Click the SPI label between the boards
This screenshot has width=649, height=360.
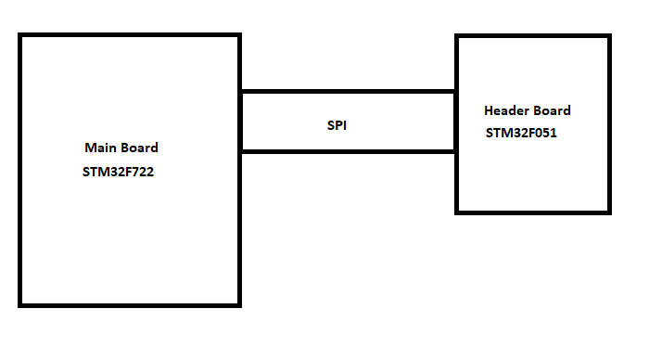[337, 124]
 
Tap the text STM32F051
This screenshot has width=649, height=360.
[522, 133]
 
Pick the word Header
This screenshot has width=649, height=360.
[505, 110]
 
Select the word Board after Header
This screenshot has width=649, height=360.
[552, 110]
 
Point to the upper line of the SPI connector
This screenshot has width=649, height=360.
[348, 92]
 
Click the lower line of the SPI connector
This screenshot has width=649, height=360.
[348, 151]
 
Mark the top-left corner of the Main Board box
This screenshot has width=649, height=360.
[20, 35]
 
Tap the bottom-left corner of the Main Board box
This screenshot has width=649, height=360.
[20, 304]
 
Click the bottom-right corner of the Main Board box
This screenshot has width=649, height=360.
[239, 304]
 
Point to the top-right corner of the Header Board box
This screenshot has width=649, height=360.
[609, 37]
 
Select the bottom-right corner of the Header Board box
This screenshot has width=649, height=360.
[609, 211]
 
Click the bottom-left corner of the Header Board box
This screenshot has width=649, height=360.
[456, 211]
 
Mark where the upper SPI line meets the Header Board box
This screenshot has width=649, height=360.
[455, 92]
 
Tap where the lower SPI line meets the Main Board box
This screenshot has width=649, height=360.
[240, 151]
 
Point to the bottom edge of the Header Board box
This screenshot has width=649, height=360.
[533, 211]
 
